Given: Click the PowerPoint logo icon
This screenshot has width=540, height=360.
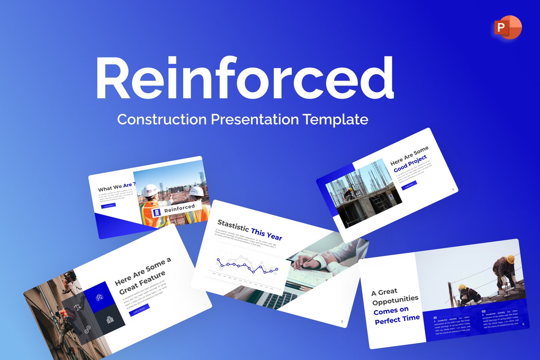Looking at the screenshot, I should pyautogui.click(x=508, y=28).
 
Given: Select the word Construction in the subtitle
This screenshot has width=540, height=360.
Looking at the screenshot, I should pyautogui.click(x=162, y=119).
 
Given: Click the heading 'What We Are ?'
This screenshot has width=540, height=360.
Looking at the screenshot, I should pyautogui.click(x=117, y=187).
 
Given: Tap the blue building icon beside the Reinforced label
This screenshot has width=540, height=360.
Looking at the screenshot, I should pyautogui.click(x=156, y=213).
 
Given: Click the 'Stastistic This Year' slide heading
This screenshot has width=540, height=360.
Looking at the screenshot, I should pyautogui.click(x=250, y=230).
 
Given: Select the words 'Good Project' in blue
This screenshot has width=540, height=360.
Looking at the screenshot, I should pyautogui.click(x=410, y=163).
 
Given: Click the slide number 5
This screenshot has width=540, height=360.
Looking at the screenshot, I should pyautogui.click(x=453, y=190).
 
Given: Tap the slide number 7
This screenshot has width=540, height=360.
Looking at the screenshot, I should pyautogui.click(x=342, y=322).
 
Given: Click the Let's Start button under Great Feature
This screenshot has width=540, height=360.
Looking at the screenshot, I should pyautogui.click(x=139, y=310).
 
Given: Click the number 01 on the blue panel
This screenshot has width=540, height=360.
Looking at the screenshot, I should pyautogui.click(x=435, y=317).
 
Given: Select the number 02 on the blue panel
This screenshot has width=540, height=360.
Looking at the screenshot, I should pyautogui.click(x=484, y=311).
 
